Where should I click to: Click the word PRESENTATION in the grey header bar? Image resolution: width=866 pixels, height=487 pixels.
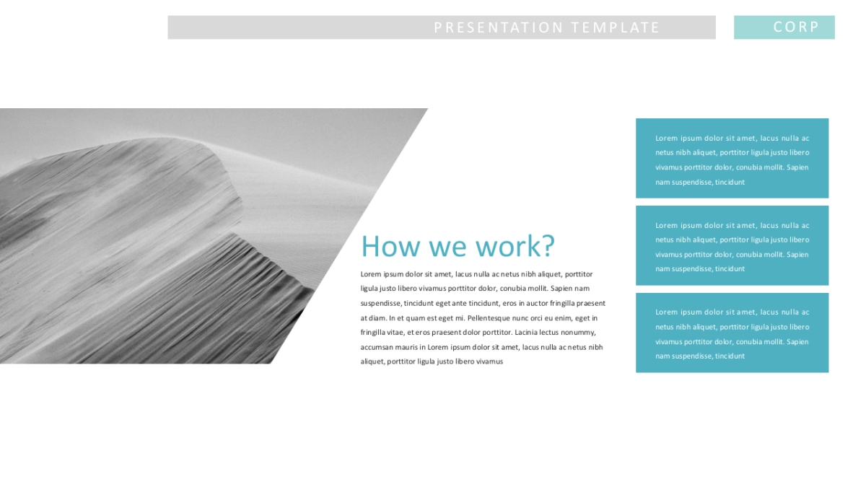[499, 27]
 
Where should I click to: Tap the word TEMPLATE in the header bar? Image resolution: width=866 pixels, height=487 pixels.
[615, 27]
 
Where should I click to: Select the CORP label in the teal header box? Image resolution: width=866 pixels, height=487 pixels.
[796, 27]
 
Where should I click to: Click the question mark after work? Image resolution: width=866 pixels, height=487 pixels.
[548, 245]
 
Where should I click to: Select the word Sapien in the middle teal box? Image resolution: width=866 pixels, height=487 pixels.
[797, 255]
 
